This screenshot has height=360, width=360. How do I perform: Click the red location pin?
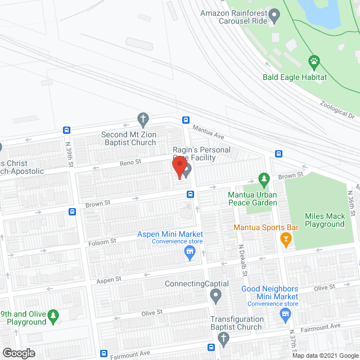(179, 168)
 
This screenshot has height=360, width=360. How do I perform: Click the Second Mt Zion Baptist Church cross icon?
(143, 119)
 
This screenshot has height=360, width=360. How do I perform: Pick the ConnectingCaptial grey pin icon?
(215, 295)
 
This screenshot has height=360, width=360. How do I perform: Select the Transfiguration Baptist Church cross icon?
(223, 339)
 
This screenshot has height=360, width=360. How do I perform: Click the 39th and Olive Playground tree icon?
(53, 316)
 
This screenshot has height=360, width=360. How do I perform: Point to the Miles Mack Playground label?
(325, 220)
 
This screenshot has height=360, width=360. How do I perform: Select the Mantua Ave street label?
(208, 133)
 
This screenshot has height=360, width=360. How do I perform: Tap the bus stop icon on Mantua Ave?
(186, 120)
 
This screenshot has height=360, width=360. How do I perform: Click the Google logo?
(18, 353)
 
